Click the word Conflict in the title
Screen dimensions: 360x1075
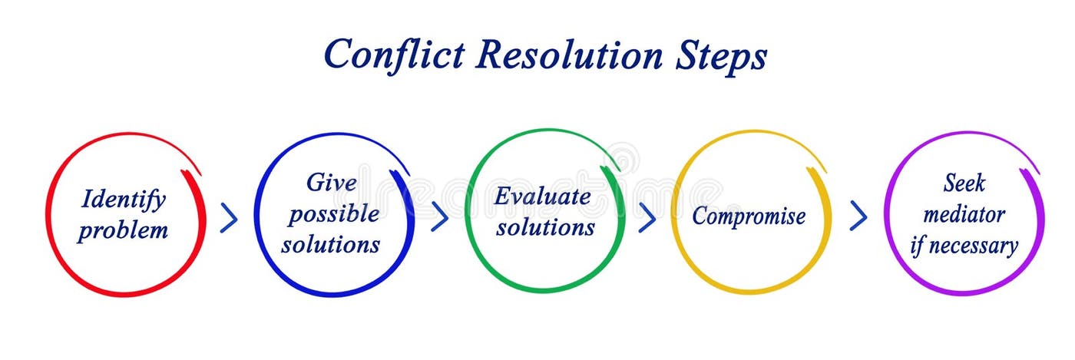pos(393,54)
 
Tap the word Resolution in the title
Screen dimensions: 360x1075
pos(569,54)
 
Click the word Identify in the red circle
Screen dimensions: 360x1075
pos(124,200)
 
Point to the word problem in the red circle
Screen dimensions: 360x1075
pos(123,230)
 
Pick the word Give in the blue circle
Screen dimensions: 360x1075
pos(332,183)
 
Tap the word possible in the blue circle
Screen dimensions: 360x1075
pos(333,214)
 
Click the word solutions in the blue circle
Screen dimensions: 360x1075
pos(331,244)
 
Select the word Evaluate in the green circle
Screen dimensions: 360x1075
pos(543,197)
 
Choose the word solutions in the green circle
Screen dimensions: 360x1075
pos(545,227)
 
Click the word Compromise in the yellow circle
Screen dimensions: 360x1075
pos(749,216)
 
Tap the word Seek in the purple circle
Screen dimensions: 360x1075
pos(964,183)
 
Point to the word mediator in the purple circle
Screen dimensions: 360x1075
pos(964,214)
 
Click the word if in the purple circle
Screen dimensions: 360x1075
pos(917,246)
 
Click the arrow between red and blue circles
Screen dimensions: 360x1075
pos(229,219)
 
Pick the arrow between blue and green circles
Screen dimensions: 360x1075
pos(439,216)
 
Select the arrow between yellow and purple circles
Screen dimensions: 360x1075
pos(858,216)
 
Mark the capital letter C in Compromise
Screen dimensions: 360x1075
pos(700,216)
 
